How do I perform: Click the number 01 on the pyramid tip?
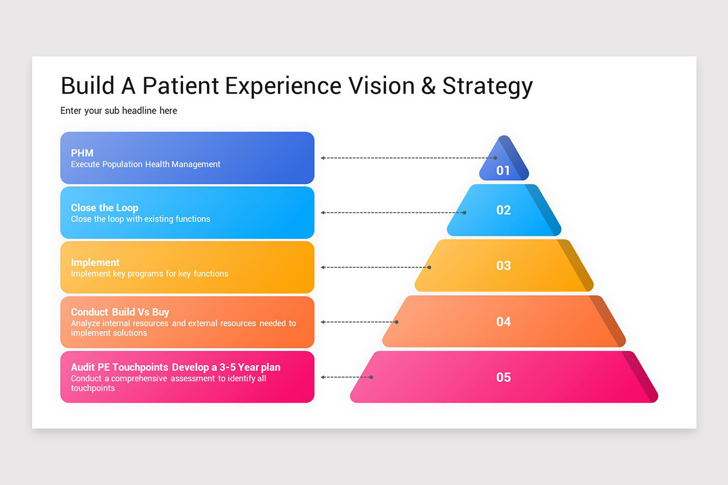[x=503, y=170]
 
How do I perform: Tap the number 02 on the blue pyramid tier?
[x=504, y=210]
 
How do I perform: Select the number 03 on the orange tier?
[x=504, y=266]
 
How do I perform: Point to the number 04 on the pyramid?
[x=504, y=321]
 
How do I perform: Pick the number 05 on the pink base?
[x=504, y=377]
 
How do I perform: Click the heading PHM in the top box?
[x=82, y=153]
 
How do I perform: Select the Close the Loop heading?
[x=104, y=208]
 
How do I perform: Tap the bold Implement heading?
[x=95, y=263]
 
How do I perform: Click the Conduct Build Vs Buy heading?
[x=120, y=312]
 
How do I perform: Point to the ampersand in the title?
[x=428, y=85]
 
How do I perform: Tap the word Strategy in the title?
[x=487, y=87]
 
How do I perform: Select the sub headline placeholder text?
[x=119, y=111]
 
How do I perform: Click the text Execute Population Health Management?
[x=146, y=164]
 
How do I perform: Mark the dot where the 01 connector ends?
[x=496, y=158]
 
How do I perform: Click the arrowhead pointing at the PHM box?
[x=323, y=158]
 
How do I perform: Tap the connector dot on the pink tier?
[x=371, y=377]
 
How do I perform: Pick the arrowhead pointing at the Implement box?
[x=323, y=267]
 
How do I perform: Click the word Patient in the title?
[x=181, y=85]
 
